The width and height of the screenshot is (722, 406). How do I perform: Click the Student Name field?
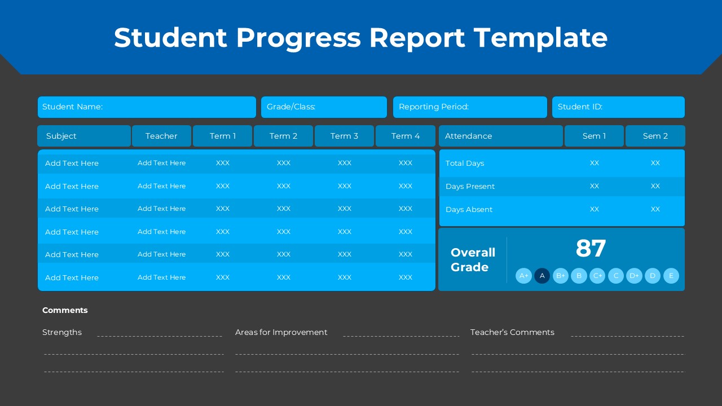pos(147,107)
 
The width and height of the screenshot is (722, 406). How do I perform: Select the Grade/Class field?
pos(324,107)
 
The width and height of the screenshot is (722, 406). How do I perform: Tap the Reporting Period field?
pos(470,107)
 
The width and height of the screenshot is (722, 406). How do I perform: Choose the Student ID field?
pos(618,107)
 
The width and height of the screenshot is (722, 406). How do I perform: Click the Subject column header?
pos(84,136)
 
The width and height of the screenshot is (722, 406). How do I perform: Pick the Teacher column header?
pos(161,136)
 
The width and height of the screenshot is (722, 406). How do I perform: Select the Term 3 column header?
pos(344,136)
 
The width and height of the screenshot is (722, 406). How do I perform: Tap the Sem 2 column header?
pos(655,136)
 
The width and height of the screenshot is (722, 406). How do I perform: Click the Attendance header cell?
pos(501,136)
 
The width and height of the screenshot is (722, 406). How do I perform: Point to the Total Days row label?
pos(465,164)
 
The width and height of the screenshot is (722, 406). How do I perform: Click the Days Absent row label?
pos(469,210)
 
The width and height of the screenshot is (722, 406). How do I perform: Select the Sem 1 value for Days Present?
pos(595,186)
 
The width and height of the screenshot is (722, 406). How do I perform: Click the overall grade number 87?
pos(591,249)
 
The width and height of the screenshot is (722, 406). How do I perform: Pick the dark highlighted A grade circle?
pos(542,276)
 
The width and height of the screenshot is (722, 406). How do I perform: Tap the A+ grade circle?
pos(523,276)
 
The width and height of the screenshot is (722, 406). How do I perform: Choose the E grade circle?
pos(671,276)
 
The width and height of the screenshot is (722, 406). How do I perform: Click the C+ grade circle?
pos(597,276)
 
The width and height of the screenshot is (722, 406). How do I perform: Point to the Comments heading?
pos(65,310)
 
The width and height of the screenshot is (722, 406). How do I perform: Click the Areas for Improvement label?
pos(281,332)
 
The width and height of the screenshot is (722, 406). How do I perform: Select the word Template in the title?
pos(540,37)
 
